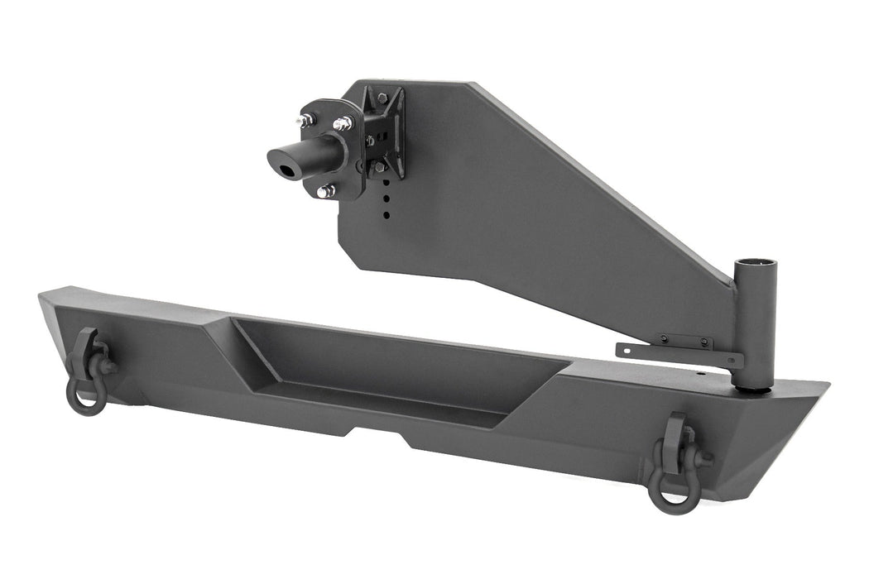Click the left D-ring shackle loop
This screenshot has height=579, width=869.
(x=86, y=398)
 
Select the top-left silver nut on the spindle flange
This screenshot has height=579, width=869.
(x=305, y=121)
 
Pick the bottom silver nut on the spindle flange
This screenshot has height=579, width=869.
(x=325, y=191)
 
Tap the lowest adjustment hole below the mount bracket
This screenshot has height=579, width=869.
(x=386, y=216)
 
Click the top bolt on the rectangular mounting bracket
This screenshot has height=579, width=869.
(x=382, y=98)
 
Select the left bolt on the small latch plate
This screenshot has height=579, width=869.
(x=662, y=338)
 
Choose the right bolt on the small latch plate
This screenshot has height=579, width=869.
(x=703, y=341)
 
